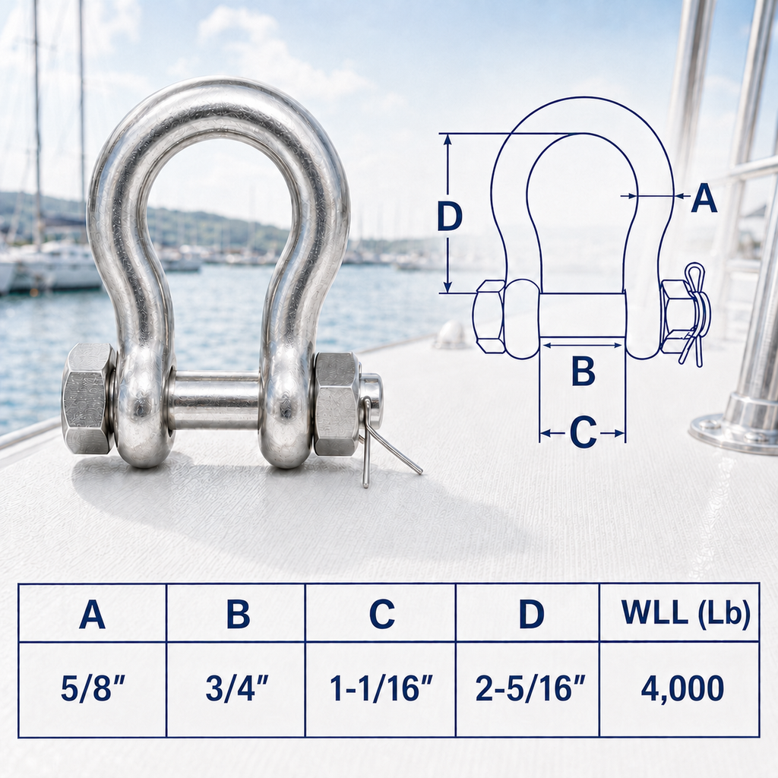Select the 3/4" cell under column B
pyautogui.click(x=237, y=688)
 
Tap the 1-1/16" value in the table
pyautogui.click(x=381, y=688)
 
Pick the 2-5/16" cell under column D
pyautogui.click(x=530, y=688)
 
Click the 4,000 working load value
pyautogui.click(x=682, y=688)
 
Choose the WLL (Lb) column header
pyautogui.click(x=686, y=614)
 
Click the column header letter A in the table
pyautogui.click(x=92, y=614)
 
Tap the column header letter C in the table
pyautogui.click(x=382, y=614)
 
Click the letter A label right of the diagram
pyautogui.click(x=704, y=198)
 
